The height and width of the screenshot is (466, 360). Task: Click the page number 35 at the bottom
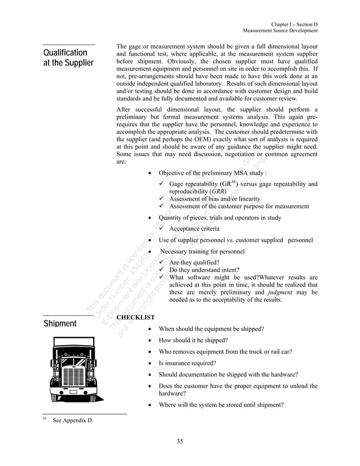click(x=179, y=441)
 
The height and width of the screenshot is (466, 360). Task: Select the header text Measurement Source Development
click(x=280, y=32)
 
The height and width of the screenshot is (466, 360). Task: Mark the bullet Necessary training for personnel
click(x=203, y=251)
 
